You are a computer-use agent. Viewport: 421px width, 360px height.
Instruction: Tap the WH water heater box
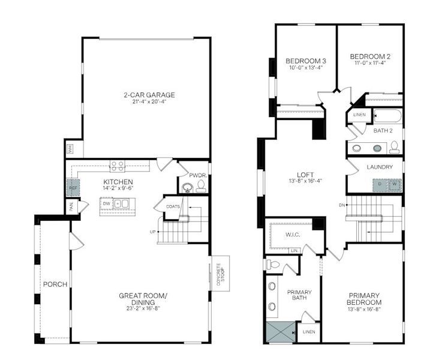[70, 148]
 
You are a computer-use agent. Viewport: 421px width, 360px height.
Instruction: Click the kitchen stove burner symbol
[117, 166]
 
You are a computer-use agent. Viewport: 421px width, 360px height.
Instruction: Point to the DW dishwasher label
[106, 204]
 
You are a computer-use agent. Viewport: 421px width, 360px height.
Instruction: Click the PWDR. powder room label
[197, 176]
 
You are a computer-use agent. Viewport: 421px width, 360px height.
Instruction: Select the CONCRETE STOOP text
[218, 273]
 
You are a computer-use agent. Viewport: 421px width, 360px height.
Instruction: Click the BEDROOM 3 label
[305, 61]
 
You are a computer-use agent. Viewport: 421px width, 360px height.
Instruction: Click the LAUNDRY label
[381, 167]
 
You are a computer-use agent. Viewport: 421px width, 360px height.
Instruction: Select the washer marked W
[395, 184]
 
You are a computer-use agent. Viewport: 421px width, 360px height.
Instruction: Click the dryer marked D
[380, 184]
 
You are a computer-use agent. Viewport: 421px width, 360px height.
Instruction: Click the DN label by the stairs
[342, 205]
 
